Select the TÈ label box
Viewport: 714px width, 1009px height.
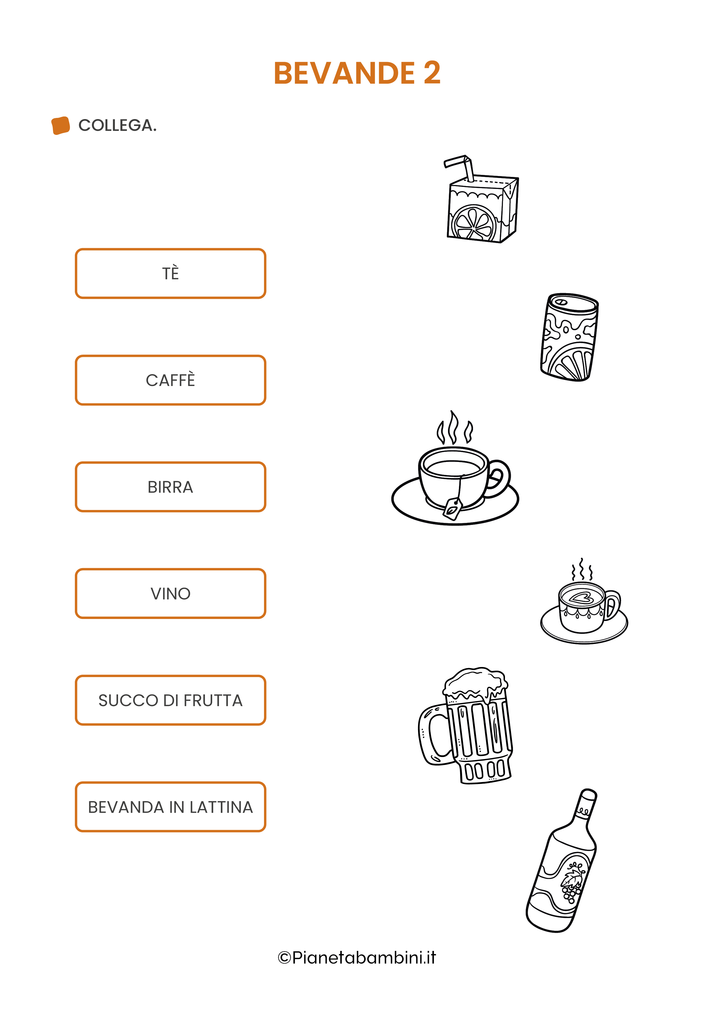point(171,273)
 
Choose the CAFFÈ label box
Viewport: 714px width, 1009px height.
point(171,380)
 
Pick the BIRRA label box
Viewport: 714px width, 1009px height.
point(171,487)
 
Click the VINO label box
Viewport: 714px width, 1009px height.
point(171,594)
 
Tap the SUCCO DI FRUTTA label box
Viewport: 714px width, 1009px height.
point(171,700)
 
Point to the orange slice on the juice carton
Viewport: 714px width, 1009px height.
point(474,223)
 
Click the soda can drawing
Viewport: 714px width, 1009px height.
point(569,337)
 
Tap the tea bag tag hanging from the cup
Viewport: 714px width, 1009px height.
point(452,509)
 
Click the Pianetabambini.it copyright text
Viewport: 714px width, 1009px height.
point(357,958)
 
